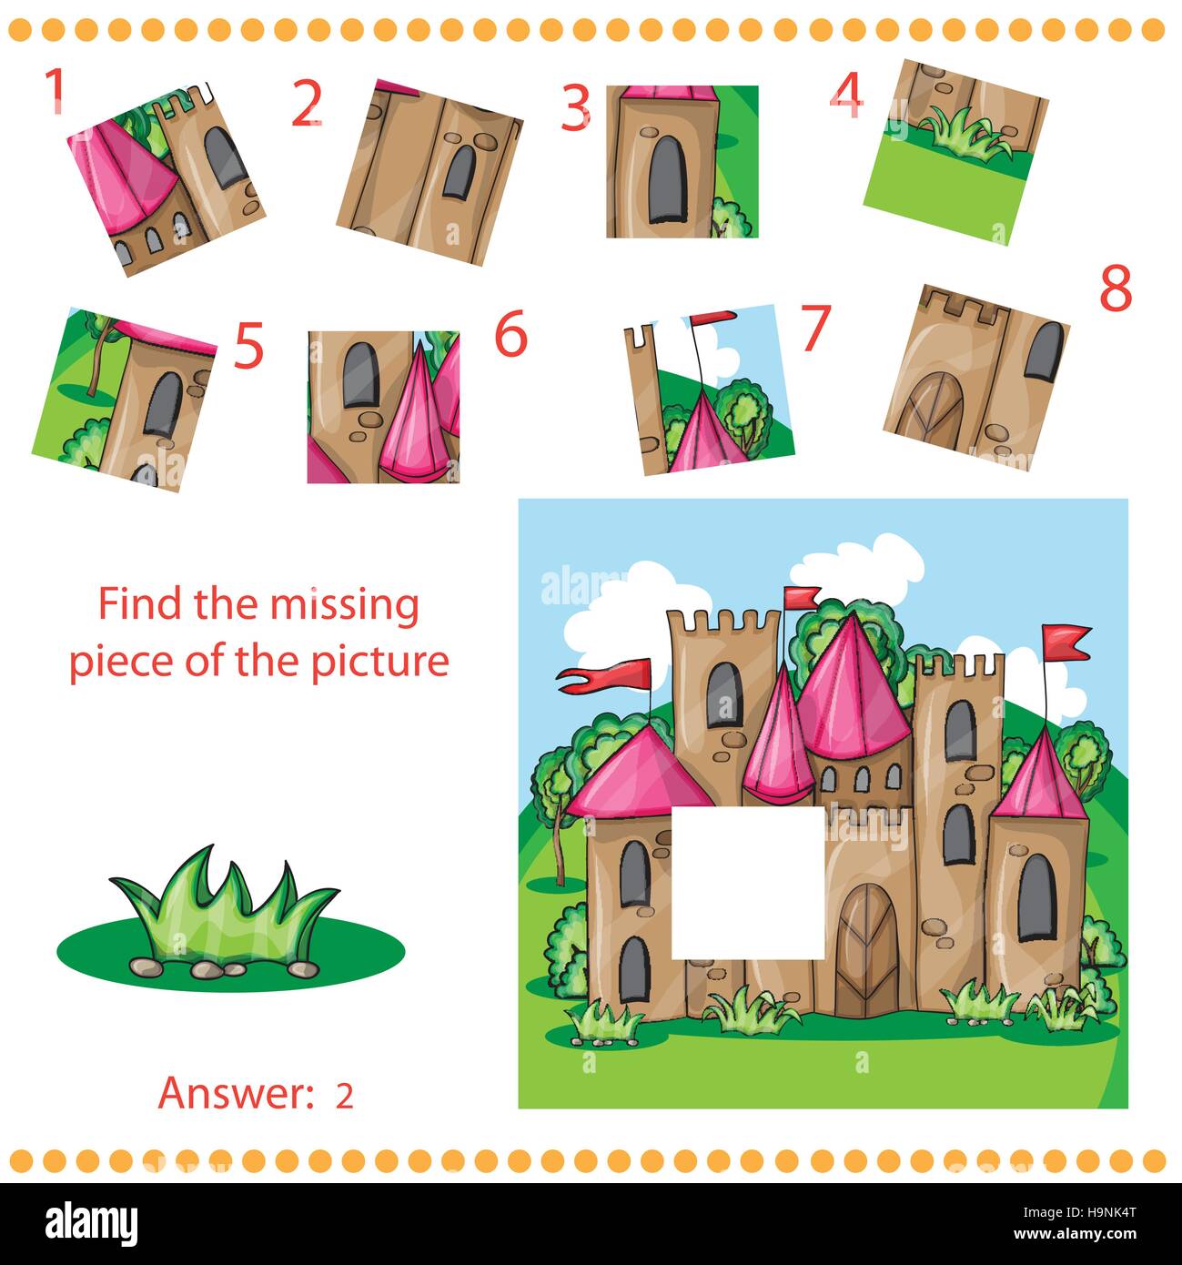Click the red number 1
tap(56, 91)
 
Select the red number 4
tap(846, 96)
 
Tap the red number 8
tap(1115, 290)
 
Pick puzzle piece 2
tap(429, 170)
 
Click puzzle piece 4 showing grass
tap(955, 150)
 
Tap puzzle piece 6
tap(383, 407)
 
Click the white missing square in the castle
tap(747, 883)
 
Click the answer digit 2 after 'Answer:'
tap(344, 1096)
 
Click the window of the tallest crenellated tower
tap(723, 694)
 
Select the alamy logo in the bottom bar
tap(91, 1223)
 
